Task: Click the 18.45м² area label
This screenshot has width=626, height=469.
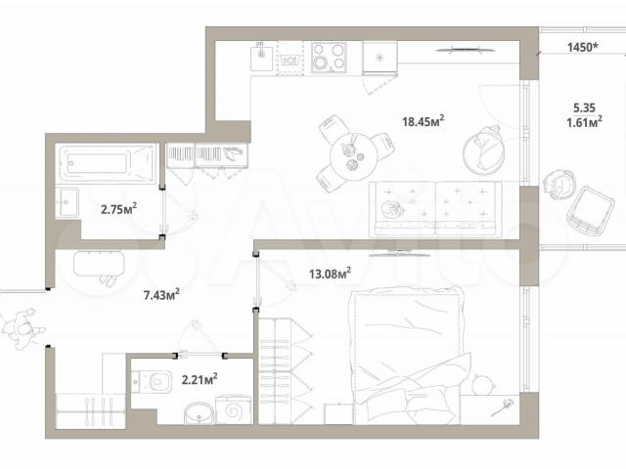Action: [424, 120]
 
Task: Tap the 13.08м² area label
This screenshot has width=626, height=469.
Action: [331, 274]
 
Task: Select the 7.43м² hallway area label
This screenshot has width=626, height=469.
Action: [161, 295]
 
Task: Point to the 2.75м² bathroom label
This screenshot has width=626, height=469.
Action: [119, 209]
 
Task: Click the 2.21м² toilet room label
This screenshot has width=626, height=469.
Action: [200, 379]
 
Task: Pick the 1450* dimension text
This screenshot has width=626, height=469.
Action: [583, 47]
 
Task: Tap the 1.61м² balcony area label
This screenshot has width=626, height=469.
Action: [584, 121]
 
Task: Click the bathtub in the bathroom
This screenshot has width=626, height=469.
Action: [106, 163]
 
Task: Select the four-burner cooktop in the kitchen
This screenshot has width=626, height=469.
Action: [329, 57]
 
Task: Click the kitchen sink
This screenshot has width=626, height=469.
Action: [262, 57]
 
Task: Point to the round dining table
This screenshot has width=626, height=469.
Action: [353, 153]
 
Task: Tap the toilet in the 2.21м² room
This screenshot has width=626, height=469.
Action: [153, 382]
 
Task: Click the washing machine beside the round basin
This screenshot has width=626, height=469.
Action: [234, 409]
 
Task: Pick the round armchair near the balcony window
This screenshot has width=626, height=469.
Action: [483, 150]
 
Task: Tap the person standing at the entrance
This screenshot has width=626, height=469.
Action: [22, 328]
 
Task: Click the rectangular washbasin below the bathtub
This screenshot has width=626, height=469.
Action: [67, 202]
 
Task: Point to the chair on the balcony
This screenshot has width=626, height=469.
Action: [590, 211]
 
